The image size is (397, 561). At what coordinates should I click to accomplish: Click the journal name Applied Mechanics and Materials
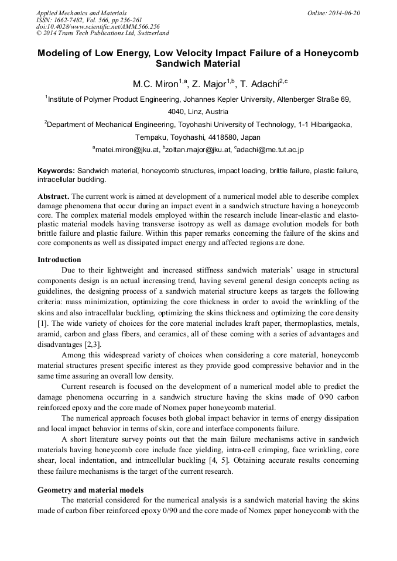[x=81, y=13]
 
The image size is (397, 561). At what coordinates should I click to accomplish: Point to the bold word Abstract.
[x=53, y=196]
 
